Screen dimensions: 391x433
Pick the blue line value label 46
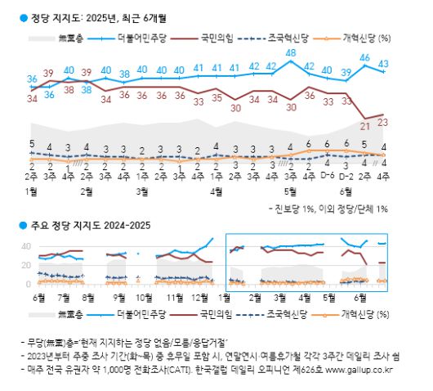tap(365, 58)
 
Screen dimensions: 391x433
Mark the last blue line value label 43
tap(383, 63)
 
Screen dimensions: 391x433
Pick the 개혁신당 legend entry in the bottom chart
tap(353, 313)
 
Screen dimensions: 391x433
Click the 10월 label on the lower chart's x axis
tap(145, 299)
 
